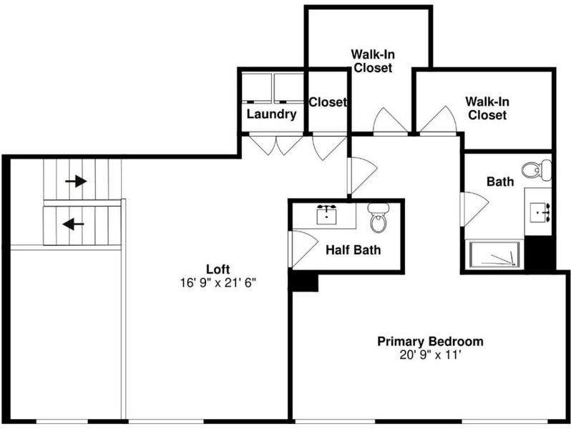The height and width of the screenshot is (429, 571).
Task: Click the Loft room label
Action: [218, 270]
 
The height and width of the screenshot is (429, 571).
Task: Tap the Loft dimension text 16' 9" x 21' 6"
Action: [218, 282]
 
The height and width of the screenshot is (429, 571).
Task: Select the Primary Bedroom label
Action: [430, 341]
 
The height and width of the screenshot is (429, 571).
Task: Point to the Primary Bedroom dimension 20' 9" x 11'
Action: [431, 355]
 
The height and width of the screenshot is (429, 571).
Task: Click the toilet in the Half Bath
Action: [379, 218]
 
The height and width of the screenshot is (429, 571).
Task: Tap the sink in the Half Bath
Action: [326, 214]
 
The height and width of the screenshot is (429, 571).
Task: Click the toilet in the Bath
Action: [537, 170]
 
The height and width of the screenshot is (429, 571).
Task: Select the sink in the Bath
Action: [540, 212]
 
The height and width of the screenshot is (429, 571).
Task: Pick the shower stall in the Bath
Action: [494, 254]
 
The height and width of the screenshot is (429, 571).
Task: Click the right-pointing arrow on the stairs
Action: [76, 181]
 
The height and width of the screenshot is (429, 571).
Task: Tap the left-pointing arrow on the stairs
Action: [73, 224]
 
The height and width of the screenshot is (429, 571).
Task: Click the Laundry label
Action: [272, 114]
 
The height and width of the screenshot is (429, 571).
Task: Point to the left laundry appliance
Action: [257, 88]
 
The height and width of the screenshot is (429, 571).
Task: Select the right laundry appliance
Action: [289, 88]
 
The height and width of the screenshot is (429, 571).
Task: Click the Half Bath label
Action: [353, 250]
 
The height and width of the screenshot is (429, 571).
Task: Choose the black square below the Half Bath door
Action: [305, 282]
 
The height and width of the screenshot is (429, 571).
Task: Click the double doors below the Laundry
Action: [275, 145]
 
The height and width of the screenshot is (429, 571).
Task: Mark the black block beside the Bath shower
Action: [538, 253]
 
